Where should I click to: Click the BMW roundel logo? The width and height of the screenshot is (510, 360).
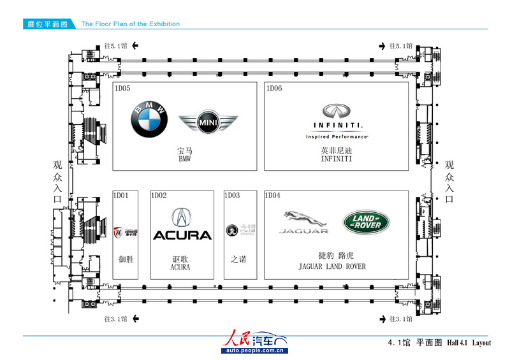149,119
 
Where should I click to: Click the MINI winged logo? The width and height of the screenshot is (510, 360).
208,122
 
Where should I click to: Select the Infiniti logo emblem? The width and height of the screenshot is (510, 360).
337,111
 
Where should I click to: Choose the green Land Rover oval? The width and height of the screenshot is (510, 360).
367,221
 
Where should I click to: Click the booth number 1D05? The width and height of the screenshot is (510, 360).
122,89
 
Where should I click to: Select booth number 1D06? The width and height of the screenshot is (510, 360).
274,89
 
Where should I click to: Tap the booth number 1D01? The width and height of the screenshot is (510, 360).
121,196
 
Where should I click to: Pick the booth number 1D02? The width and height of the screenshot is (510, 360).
159,196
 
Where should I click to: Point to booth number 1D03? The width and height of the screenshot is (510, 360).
232,196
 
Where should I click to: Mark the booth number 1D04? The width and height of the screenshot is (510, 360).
273,196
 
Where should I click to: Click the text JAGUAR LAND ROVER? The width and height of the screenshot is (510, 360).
332,266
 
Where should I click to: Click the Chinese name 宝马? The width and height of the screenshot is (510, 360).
185,152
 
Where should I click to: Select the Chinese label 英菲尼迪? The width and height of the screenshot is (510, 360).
337,152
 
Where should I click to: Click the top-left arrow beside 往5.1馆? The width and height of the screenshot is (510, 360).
135,46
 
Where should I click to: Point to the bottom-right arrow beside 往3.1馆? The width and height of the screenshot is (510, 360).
381,319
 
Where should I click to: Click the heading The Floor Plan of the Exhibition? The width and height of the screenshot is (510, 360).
130,24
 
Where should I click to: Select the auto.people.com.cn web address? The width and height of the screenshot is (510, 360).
254,350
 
